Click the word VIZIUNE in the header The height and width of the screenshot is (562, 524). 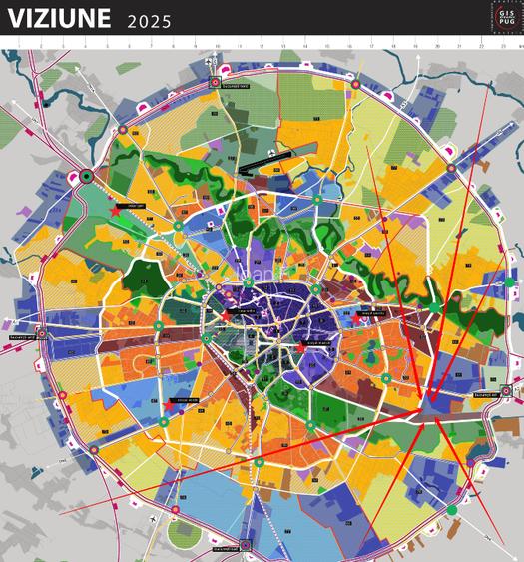point(60,20)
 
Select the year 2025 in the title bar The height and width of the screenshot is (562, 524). point(150,22)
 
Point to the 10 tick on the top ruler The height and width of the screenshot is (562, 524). point(217,45)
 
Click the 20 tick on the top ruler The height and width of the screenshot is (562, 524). point(437,45)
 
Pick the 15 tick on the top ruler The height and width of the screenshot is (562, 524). point(327,45)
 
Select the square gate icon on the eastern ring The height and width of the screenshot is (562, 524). point(506,390)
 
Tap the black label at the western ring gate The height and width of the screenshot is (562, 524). point(22,338)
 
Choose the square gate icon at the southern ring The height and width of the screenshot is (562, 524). point(245,545)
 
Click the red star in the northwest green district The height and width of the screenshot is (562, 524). point(116,211)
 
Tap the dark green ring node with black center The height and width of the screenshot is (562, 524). point(87,177)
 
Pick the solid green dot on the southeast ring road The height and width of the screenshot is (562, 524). point(451,510)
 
